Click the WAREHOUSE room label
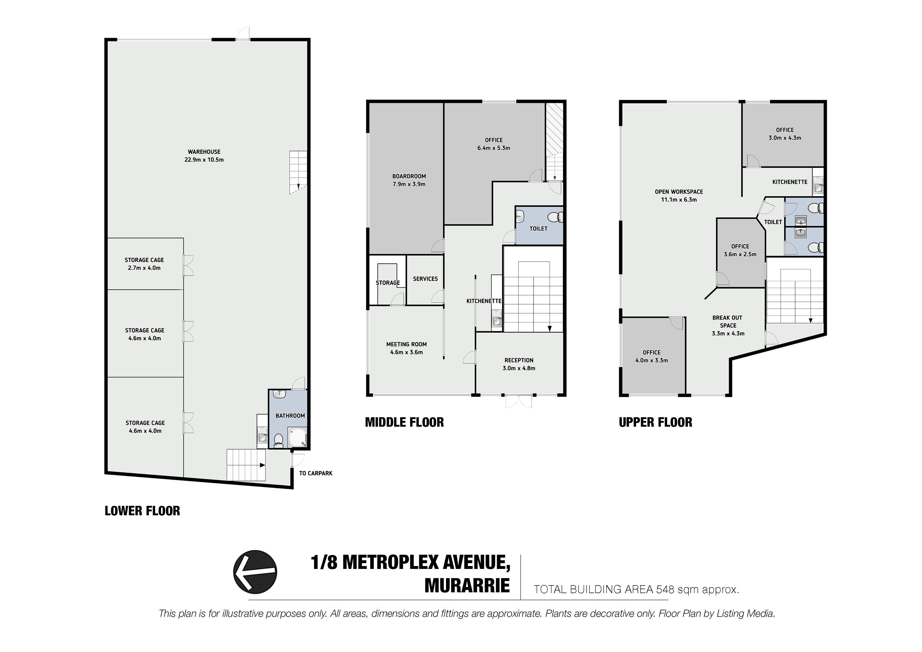[x=204, y=152]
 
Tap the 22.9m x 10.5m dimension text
[x=204, y=160]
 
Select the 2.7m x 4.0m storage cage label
[x=144, y=268]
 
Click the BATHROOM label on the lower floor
[x=290, y=416]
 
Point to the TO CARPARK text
[x=316, y=473]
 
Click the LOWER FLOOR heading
[x=142, y=511]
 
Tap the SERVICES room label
[x=425, y=279]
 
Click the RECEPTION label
[x=519, y=360]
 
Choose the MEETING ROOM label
[x=406, y=344]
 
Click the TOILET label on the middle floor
[x=539, y=228]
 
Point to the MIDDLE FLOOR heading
[x=404, y=422]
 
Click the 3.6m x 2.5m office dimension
[x=740, y=254]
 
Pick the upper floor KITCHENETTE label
[x=790, y=182]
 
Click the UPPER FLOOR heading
[x=655, y=422]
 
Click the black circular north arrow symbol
[x=255, y=572]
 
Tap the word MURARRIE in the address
[x=467, y=586]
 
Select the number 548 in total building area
[x=665, y=589]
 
